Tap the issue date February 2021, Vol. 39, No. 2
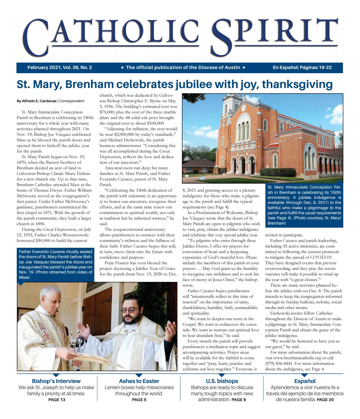(x=60, y=67)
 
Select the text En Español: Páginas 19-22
(x=302, y=67)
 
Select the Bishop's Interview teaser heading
(x=56, y=381)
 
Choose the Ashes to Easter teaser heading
(x=139, y=381)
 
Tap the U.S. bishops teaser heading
(x=222, y=381)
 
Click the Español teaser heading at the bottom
(x=305, y=381)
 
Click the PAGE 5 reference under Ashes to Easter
(x=139, y=399)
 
